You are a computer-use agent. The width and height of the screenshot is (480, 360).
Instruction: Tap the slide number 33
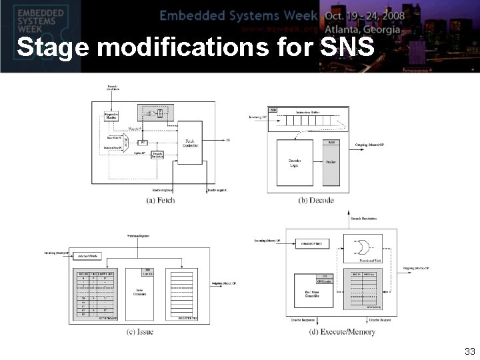tap(469, 351)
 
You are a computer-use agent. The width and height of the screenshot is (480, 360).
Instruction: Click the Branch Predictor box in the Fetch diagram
tap(157, 155)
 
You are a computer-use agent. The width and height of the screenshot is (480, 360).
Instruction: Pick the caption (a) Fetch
tap(160, 199)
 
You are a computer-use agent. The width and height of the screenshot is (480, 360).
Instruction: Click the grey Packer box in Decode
tap(331, 162)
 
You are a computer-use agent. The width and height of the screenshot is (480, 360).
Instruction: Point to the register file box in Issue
tap(190, 293)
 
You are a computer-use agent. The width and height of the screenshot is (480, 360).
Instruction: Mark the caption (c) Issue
tap(140, 332)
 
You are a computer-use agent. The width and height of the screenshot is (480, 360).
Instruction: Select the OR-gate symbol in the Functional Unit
tap(362, 247)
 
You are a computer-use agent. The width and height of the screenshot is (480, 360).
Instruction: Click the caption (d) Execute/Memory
tap(342, 332)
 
